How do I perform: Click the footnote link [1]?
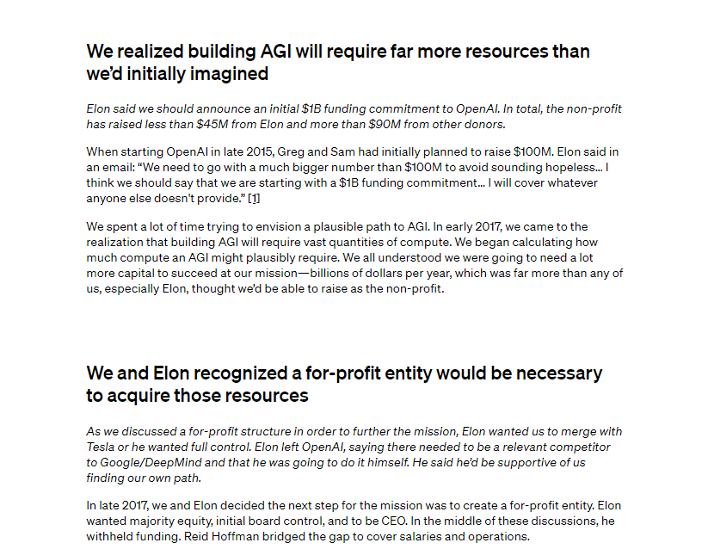[254, 199]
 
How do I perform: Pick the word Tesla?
[102, 447]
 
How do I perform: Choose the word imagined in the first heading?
[227, 74]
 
